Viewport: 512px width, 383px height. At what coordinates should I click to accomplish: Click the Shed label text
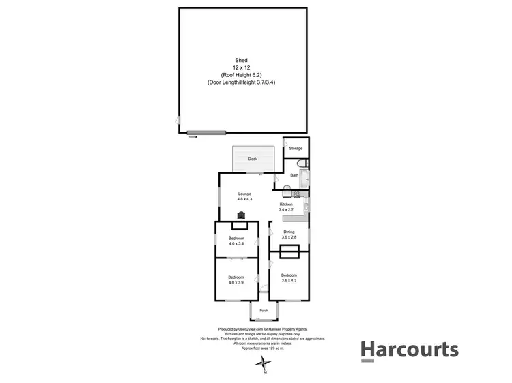(242, 60)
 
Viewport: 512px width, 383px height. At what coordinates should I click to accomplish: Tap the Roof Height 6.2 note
(242, 74)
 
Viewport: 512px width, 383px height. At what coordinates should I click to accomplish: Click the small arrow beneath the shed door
(193, 138)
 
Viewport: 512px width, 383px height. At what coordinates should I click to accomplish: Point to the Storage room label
(295, 148)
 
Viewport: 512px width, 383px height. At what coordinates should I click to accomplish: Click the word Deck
(253, 159)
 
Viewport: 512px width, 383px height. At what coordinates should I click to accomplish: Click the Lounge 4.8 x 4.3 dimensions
(244, 199)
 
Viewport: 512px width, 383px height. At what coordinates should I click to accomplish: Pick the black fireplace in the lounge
(241, 215)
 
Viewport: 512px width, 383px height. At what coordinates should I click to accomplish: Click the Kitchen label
(286, 204)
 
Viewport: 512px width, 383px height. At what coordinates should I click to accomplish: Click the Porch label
(263, 311)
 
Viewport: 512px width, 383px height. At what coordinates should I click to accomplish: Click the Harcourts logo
(409, 350)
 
